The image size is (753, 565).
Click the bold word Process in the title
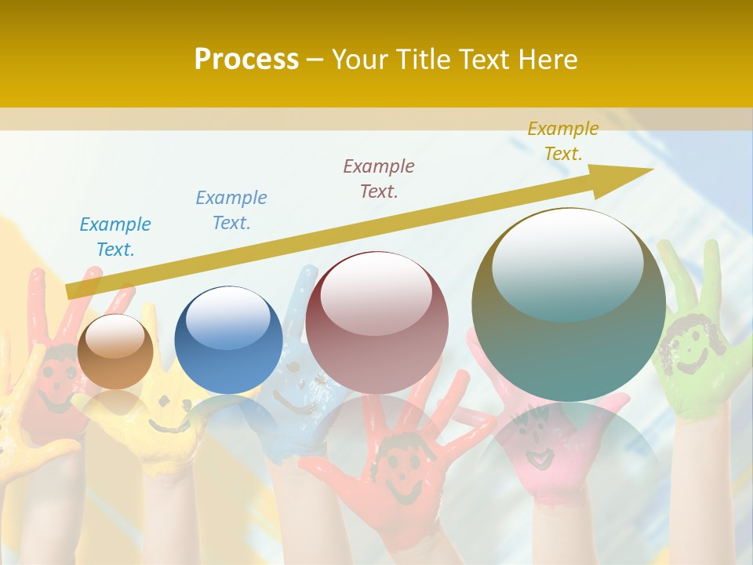click(246, 60)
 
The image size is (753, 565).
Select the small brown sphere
click(115, 352)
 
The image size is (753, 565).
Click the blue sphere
click(228, 340)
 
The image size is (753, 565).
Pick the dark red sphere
click(376, 323)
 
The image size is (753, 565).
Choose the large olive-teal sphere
click(569, 305)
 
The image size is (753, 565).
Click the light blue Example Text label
click(115, 237)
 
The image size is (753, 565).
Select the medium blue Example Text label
click(231, 210)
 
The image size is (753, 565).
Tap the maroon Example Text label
click(379, 178)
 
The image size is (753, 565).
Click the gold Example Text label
click(563, 141)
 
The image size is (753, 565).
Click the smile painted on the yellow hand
click(168, 424)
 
